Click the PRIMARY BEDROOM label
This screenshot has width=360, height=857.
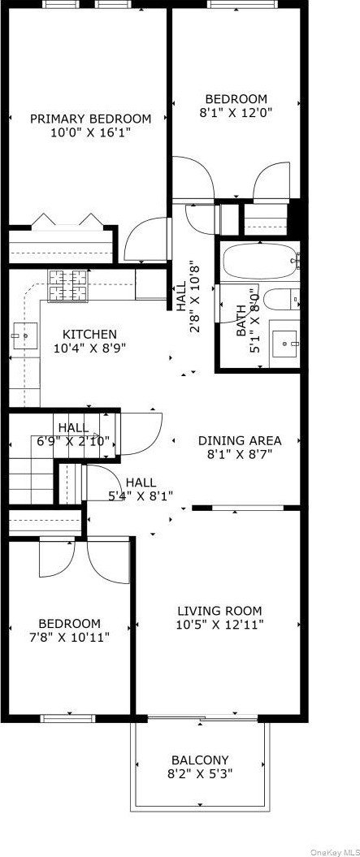pos(90,119)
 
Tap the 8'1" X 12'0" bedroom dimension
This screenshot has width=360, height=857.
pos(236,113)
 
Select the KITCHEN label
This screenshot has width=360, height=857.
pos(89,334)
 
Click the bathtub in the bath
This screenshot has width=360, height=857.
pos(261,262)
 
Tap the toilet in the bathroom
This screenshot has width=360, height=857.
pos(280,299)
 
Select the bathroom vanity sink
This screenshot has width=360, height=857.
pos(284,344)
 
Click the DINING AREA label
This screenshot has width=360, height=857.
pos(240,440)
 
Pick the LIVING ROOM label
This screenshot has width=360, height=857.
pos(220,611)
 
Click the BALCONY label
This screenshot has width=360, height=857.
pos(200,760)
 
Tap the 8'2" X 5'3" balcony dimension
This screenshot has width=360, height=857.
pos(200,774)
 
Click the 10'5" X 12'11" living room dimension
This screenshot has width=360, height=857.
pos(220,625)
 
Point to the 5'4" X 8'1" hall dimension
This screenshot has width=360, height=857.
pos(141,496)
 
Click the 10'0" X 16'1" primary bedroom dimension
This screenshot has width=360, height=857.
pos(90,132)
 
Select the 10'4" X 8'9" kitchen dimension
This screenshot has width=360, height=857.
pos(89,348)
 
